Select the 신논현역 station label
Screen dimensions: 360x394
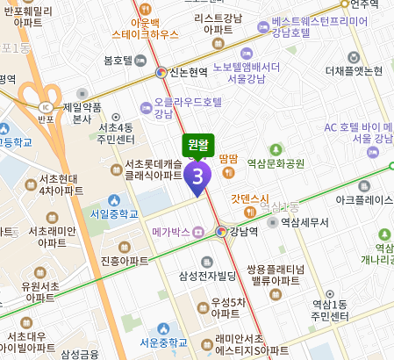186,72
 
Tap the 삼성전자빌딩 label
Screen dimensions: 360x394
208,276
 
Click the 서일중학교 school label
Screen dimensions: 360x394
114,212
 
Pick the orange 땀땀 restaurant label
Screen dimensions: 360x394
230,158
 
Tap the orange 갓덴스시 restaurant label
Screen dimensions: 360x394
249,198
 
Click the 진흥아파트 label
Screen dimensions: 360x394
122,260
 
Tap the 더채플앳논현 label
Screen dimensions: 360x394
354,71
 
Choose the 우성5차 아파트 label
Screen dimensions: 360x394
226,307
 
